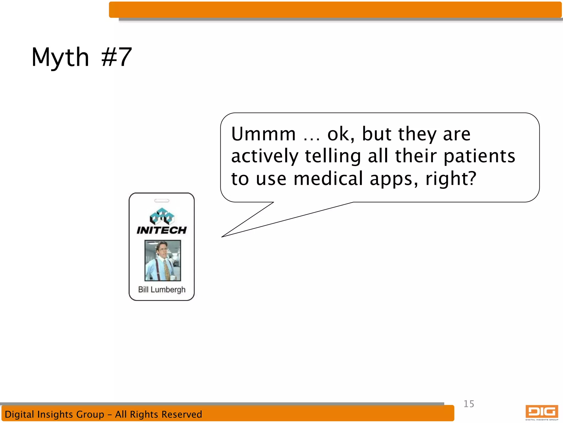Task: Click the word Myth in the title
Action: [x=60, y=57]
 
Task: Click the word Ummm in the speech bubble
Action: [x=263, y=134]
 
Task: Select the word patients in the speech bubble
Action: [x=479, y=156]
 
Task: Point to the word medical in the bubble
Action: [x=329, y=178]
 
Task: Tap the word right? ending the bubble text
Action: [x=451, y=179]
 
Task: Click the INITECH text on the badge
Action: [x=162, y=230]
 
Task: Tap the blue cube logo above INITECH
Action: [x=162, y=216]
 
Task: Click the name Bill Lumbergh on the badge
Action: [x=162, y=290]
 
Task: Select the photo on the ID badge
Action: [x=163, y=261]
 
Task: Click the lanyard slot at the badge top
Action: [x=162, y=201]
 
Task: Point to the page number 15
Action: [x=469, y=404]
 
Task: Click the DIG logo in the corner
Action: [x=542, y=412]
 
